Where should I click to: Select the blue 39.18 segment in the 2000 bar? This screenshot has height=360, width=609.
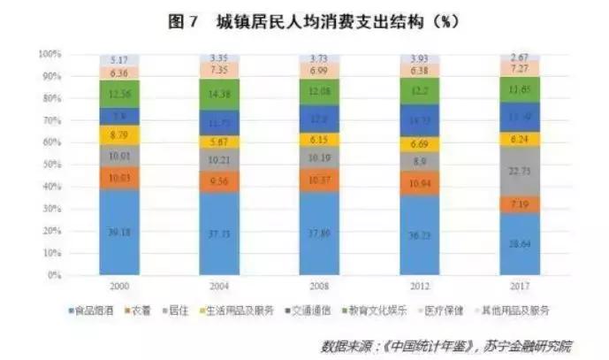point(119,234)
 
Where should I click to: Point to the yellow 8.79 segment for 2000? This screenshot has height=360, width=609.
point(119,135)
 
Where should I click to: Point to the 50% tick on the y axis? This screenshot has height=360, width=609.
point(49,165)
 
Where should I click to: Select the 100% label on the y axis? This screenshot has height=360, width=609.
point(48,54)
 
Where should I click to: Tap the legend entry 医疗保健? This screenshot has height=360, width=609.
point(448,310)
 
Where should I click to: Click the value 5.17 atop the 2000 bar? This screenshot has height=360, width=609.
point(119,59)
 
